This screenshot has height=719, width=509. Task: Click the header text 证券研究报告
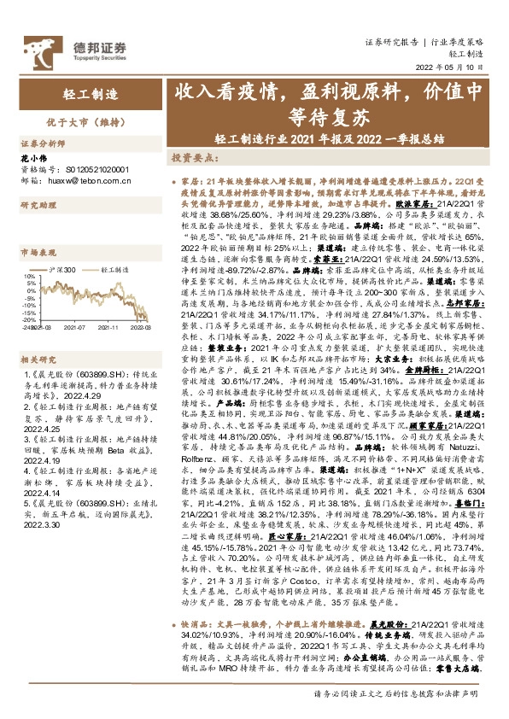tap(392, 41)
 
